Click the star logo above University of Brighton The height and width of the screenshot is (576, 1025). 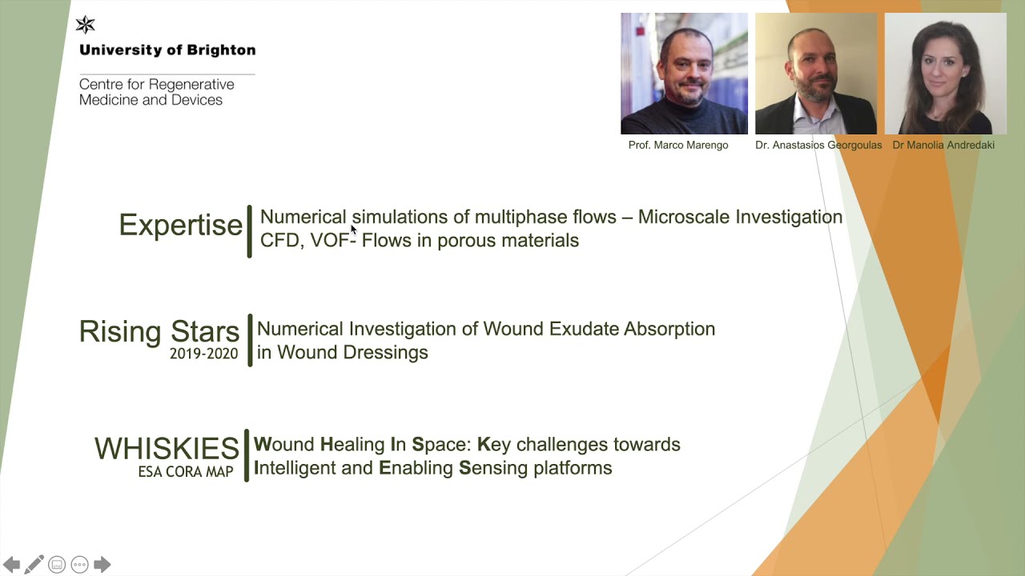pyautogui.click(x=85, y=25)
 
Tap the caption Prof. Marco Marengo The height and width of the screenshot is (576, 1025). pyautogui.click(x=678, y=146)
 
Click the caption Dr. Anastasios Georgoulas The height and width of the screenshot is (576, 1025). pyautogui.click(x=818, y=146)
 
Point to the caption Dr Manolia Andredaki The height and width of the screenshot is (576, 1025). pyautogui.click(x=943, y=146)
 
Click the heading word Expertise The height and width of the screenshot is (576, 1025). pyautogui.click(x=180, y=225)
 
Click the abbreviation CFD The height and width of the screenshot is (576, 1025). pyautogui.click(x=279, y=241)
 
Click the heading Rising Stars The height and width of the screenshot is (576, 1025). pyautogui.click(x=159, y=331)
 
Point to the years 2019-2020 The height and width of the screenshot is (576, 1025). pyautogui.click(x=204, y=354)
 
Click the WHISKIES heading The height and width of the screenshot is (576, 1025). pyautogui.click(x=167, y=449)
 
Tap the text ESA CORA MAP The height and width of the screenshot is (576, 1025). pyautogui.click(x=186, y=472)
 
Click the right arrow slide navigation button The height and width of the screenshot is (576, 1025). pyautogui.click(x=102, y=564)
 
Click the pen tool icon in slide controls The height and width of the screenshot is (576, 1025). pyautogui.click(x=34, y=564)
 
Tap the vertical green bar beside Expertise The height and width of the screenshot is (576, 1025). pyautogui.click(x=249, y=231)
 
